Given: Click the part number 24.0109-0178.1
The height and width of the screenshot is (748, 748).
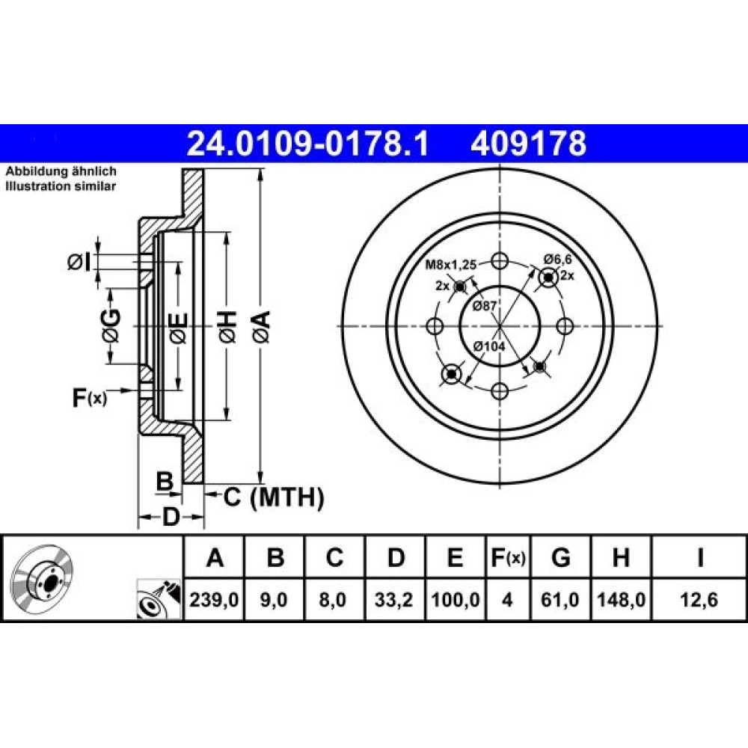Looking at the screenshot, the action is (x=307, y=144).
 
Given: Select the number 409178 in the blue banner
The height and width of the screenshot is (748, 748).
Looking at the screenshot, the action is (x=528, y=144).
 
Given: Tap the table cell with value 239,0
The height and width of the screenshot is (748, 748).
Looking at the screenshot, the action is (x=214, y=600).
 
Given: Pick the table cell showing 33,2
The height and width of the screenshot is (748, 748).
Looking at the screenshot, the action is (x=393, y=600).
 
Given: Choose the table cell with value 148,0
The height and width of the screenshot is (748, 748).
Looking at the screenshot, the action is (x=621, y=600).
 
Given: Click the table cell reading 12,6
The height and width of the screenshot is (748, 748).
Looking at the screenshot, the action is (x=699, y=600).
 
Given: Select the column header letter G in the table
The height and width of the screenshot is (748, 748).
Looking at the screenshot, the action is (x=560, y=557).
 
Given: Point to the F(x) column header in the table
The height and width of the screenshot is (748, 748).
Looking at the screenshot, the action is (x=508, y=557).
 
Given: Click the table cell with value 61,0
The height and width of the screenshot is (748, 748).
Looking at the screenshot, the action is (x=560, y=600).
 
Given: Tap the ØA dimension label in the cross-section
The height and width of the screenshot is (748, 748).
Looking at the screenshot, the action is (x=261, y=326).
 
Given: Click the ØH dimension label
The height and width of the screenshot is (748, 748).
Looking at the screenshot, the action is (x=227, y=326).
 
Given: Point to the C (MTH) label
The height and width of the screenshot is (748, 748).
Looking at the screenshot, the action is (x=274, y=497).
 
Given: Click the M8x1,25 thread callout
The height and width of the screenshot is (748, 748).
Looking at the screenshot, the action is (x=451, y=264).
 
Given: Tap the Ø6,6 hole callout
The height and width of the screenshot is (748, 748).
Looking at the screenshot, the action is (x=557, y=260).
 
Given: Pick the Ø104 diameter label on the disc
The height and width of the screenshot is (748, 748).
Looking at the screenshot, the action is (x=489, y=346).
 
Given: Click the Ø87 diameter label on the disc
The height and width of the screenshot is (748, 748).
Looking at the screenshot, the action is (x=485, y=306).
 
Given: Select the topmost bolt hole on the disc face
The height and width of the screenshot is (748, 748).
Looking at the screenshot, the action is (x=500, y=261).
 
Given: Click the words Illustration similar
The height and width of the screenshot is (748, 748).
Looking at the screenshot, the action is (x=61, y=186).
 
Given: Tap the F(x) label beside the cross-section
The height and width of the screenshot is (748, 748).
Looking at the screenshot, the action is (x=90, y=397).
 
